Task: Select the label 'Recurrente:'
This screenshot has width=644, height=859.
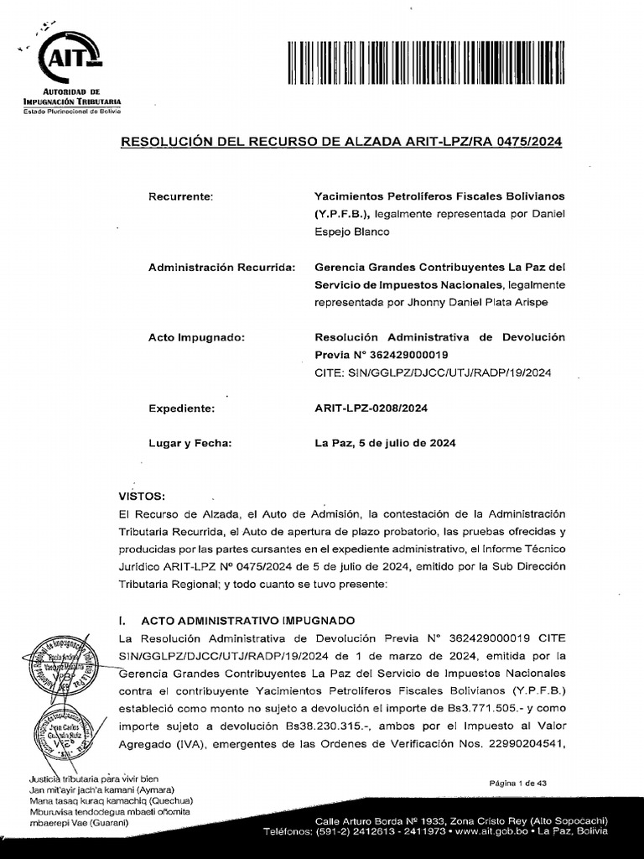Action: point(181,196)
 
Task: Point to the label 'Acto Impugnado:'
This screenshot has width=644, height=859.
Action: point(196,337)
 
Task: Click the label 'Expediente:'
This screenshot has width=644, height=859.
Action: point(182,409)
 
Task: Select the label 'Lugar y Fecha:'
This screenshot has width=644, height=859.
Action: point(190,444)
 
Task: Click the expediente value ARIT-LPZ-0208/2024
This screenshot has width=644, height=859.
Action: point(371,409)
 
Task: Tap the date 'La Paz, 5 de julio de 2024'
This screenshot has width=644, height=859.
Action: point(385,444)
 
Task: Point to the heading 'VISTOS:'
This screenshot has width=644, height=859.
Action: point(143,496)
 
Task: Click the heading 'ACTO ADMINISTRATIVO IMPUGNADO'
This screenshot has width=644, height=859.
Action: point(248,621)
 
